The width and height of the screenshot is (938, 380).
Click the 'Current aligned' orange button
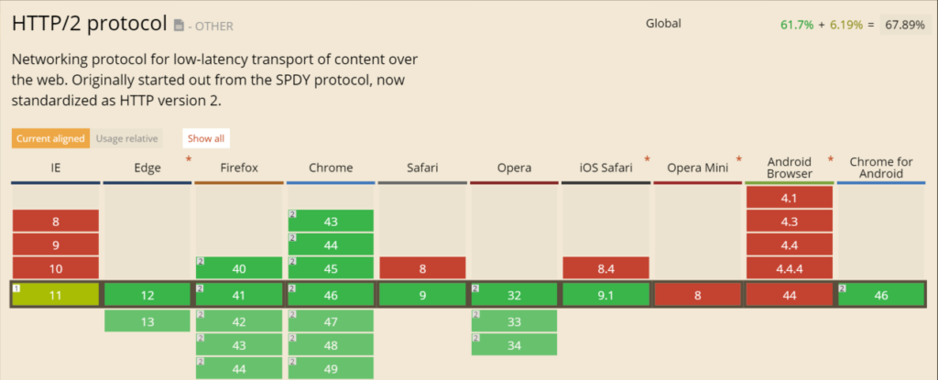point(50,138)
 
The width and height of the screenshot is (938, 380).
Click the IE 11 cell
point(55,294)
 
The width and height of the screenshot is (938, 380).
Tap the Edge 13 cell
point(147,320)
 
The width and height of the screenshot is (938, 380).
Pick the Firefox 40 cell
point(238,268)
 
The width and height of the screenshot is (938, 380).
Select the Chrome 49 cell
point(330,369)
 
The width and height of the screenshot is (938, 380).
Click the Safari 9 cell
point(421,294)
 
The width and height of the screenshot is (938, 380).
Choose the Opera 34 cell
point(513,344)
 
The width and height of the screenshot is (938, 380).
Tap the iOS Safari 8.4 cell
point(605,268)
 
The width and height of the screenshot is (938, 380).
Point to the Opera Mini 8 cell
point(696,294)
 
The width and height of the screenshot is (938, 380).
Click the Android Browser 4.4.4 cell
point(789,268)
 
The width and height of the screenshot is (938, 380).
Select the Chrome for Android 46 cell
point(879,294)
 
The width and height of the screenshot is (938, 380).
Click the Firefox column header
point(238,168)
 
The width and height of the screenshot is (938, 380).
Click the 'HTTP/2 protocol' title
point(90,23)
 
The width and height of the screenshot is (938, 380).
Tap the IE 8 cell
point(55,221)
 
